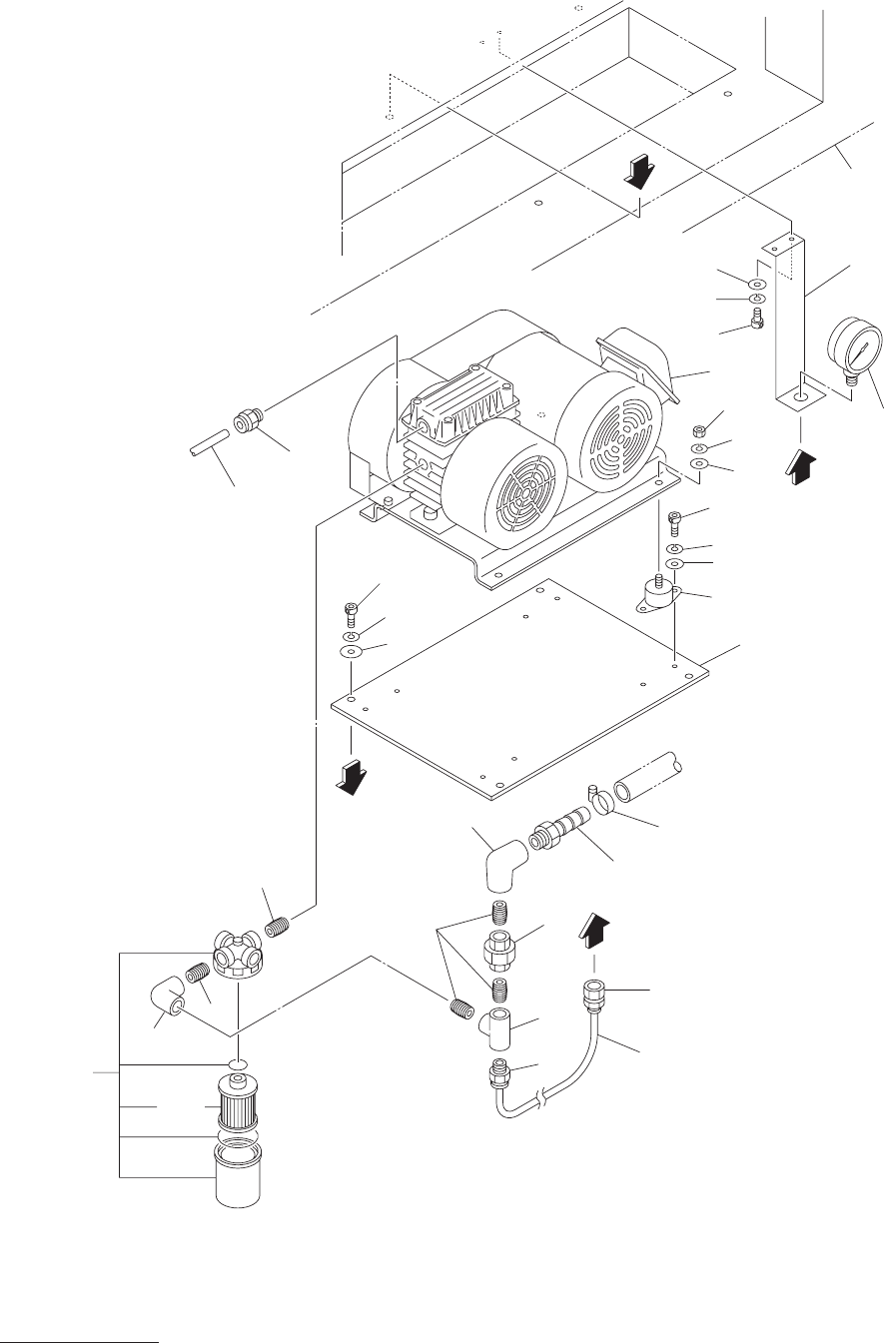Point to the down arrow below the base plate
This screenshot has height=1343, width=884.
(x=349, y=775)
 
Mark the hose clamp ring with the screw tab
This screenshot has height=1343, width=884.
(x=603, y=799)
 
